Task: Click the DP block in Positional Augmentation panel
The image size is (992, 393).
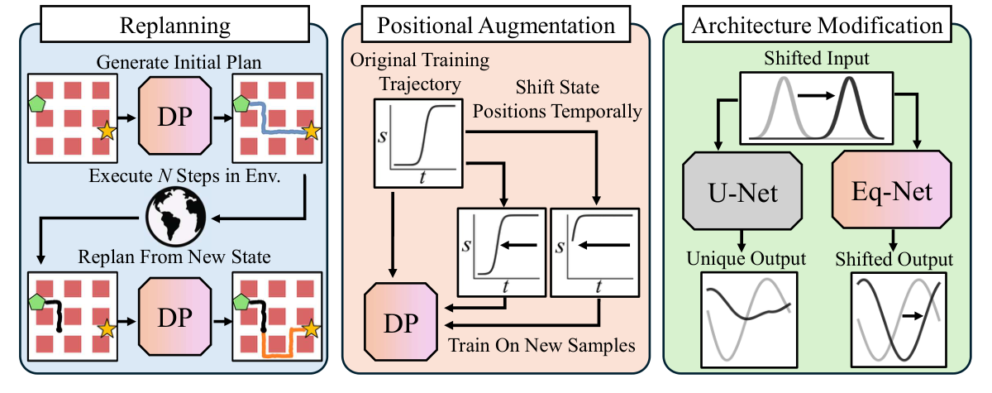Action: (x=399, y=321)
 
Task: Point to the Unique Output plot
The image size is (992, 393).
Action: (x=746, y=317)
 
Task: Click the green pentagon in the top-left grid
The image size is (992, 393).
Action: (x=36, y=104)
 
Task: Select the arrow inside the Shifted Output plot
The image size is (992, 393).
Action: (x=913, y=315)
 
